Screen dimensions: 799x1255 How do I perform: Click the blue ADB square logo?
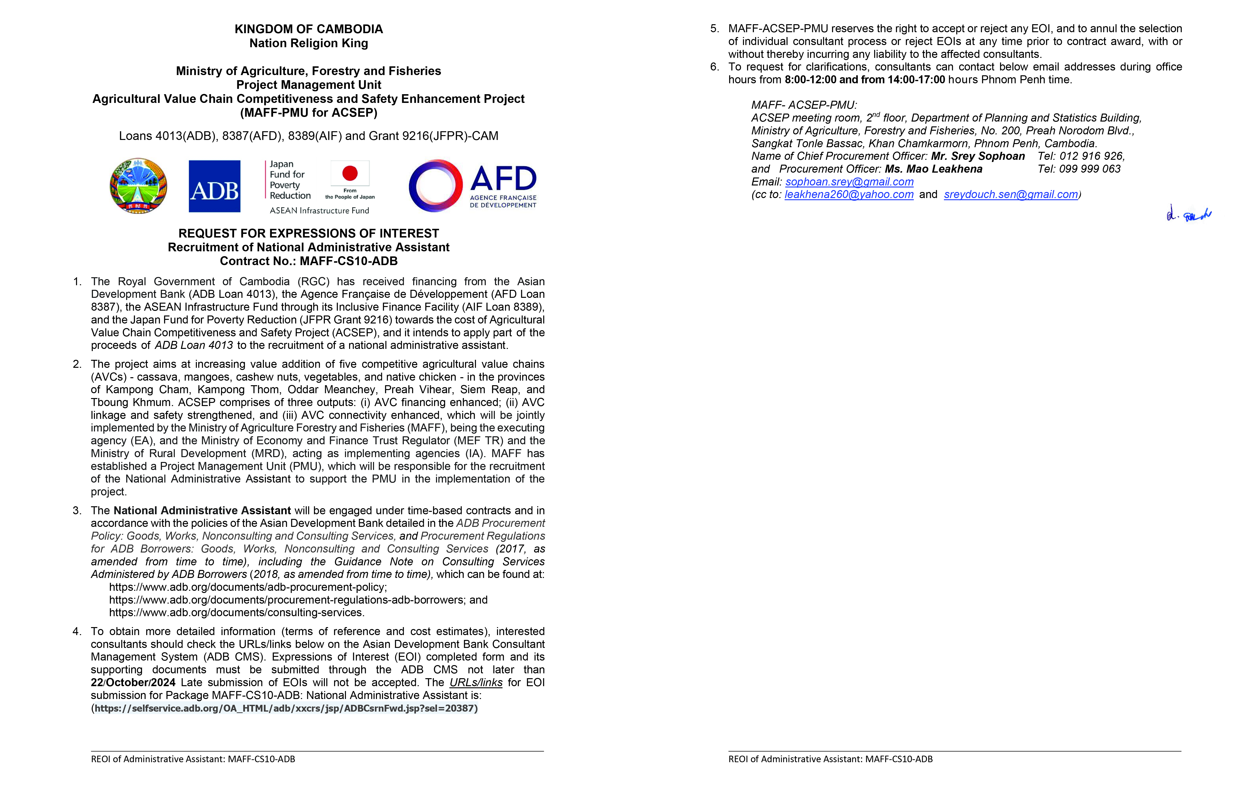click(x=214, y=186)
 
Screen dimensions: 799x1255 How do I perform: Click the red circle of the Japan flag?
click(x=350, y=173)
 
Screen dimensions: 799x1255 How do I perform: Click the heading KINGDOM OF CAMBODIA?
click(x=308, y=29)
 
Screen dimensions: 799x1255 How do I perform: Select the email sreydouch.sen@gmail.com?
click(x=1010, y=194)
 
